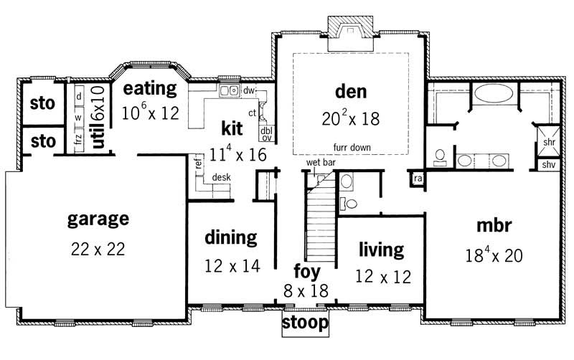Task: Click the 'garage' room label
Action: (x=98, y=218)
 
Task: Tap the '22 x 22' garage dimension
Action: (x=98, y=249)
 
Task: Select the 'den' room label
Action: (x=351, y=91)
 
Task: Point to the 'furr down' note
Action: (x=351, y=146)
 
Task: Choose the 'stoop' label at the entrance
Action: (x=305, y=323)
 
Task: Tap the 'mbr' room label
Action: (x=493, y=225)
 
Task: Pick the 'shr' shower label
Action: (x=549, y=142)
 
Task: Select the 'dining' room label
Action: (x=230, y=237)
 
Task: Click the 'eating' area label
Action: (x=149, y=89)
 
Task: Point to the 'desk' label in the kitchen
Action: (x=220, y=177)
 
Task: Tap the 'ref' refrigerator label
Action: (x=198, y=163)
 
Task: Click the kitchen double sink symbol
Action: (x=230, y=91)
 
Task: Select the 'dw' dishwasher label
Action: (x=250, y=90)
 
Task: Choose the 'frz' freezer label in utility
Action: (x=78, y=138)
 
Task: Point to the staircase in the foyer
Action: (x=319, y=222)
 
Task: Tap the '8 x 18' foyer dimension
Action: (x=305, y=291)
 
